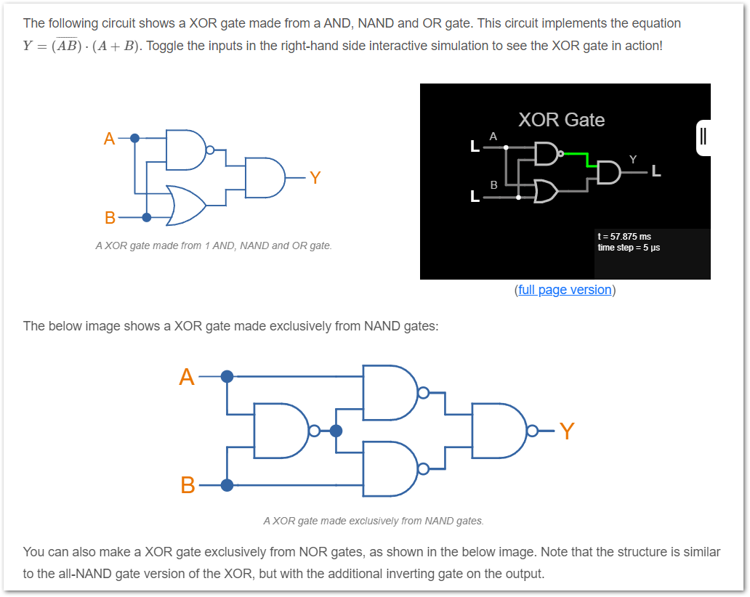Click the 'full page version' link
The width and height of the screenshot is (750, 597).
point(565,290)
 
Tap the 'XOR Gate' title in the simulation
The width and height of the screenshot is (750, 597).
point(562,120)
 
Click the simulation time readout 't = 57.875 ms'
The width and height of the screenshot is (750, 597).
point(624,237)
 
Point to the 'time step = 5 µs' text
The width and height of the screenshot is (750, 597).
point(629,248)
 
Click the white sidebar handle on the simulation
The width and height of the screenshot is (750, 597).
point(703,138)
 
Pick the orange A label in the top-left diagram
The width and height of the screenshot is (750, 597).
point(110,139)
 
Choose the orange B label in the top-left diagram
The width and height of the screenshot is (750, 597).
point(110,217)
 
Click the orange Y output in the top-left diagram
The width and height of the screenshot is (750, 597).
point(315,178)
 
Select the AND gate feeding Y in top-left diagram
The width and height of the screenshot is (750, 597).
point(265,178)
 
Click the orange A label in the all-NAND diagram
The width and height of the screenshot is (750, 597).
point(187,377)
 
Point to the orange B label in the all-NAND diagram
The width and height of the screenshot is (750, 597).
point(188,485)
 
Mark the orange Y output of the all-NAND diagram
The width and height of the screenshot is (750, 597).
point(568,431)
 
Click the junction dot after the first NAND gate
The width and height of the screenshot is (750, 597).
point(336,431)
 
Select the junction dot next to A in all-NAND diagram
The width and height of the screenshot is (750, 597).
point(227,377)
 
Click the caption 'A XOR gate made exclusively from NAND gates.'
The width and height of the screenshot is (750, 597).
point(374,521)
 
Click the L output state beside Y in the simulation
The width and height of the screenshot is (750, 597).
point(656,171)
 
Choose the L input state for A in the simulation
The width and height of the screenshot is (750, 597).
point(475,146)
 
